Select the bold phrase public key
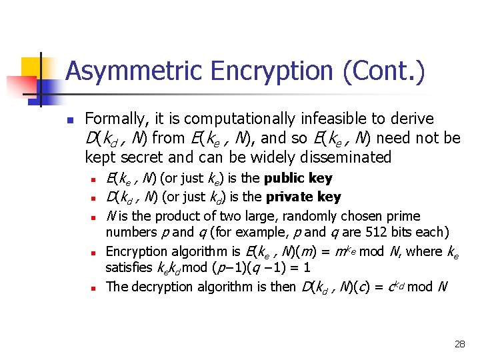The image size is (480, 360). [x=298, y=178]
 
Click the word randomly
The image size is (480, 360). [x=310, y=216]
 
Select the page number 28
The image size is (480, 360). [x=459, y=344]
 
